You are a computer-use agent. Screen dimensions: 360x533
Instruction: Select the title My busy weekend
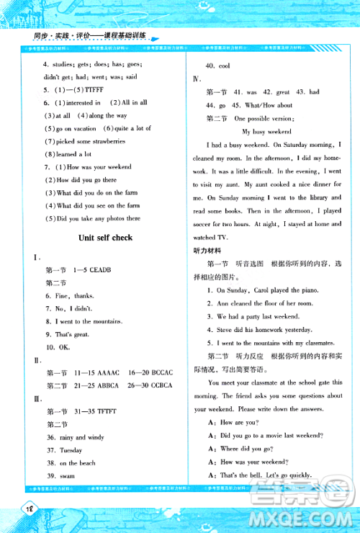click(x=266, y=132)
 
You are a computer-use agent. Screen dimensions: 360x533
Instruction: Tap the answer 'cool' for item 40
click(x=222, y=66)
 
